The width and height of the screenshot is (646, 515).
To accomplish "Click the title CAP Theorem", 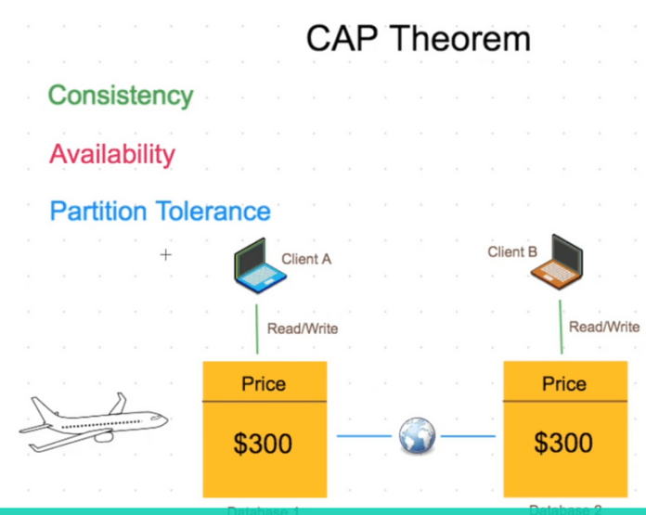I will pyautogui.click(x=419, y=38).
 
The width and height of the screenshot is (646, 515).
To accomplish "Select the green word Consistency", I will pyautogui.click(x=121, y=96).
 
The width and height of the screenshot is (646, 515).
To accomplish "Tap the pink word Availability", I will pyautogui.click(x=112, y=153).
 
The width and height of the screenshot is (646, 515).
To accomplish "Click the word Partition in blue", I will pyautogui.click(x=99, y=211).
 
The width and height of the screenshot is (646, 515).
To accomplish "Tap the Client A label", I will pyautogui.click(x=306, y=260).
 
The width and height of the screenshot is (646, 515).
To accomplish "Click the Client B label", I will pyautogui.click(x=512, y=251).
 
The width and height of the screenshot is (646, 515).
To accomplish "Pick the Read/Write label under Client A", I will pyautogui.click(x=303, y=328).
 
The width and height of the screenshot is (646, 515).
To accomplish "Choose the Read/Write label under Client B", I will pyautogui.click(x=604, y=327).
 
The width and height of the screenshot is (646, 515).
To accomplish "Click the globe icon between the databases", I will pyautogui.click(x=417, y=436).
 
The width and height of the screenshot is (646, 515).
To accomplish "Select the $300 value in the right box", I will pyautogui.click(x=564, y=444).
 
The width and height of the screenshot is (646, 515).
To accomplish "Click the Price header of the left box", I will pyautogui.click(x=264, y=384).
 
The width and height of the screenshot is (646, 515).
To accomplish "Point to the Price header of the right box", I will pyautogui.click(x=564, y=384).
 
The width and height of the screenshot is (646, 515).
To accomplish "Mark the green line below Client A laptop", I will pyautogui.click(x=256, y=329).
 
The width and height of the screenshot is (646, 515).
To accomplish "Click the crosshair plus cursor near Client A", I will pyautogui.click(x=166, y=254).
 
